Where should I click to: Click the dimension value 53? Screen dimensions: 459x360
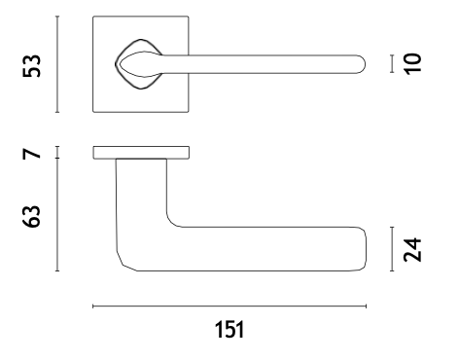[x=32, y=66]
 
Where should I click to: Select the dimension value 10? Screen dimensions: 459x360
[x=412, y=64]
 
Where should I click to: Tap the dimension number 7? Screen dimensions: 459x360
[x=32, y=154]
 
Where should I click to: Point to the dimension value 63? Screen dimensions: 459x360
[x=31, y=216]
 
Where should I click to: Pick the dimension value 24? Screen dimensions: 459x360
[x=412, y=250]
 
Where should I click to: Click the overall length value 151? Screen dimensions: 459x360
[x=229, y=330]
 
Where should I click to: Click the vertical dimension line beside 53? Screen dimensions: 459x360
[x=57, y=64]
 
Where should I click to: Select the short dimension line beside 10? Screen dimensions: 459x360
[x=392, y=63]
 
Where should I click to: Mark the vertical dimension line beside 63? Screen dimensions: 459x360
[x=57, y=214]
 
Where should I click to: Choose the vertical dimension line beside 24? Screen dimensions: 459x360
[x=392, y=249]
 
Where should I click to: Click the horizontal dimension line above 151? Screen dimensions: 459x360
[x=229, y=306]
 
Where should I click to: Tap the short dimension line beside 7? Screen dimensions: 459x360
[x=57, y=153]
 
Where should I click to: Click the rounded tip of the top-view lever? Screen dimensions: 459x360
[x=365, y=64]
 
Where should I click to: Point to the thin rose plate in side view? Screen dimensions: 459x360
[x=141, y=153]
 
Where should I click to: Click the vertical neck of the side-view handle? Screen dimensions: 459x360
[x=141, y=192]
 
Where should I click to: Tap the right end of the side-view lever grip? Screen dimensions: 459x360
[x=366, y=249]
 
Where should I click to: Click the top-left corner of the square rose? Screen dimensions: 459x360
[x=93, y=17]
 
